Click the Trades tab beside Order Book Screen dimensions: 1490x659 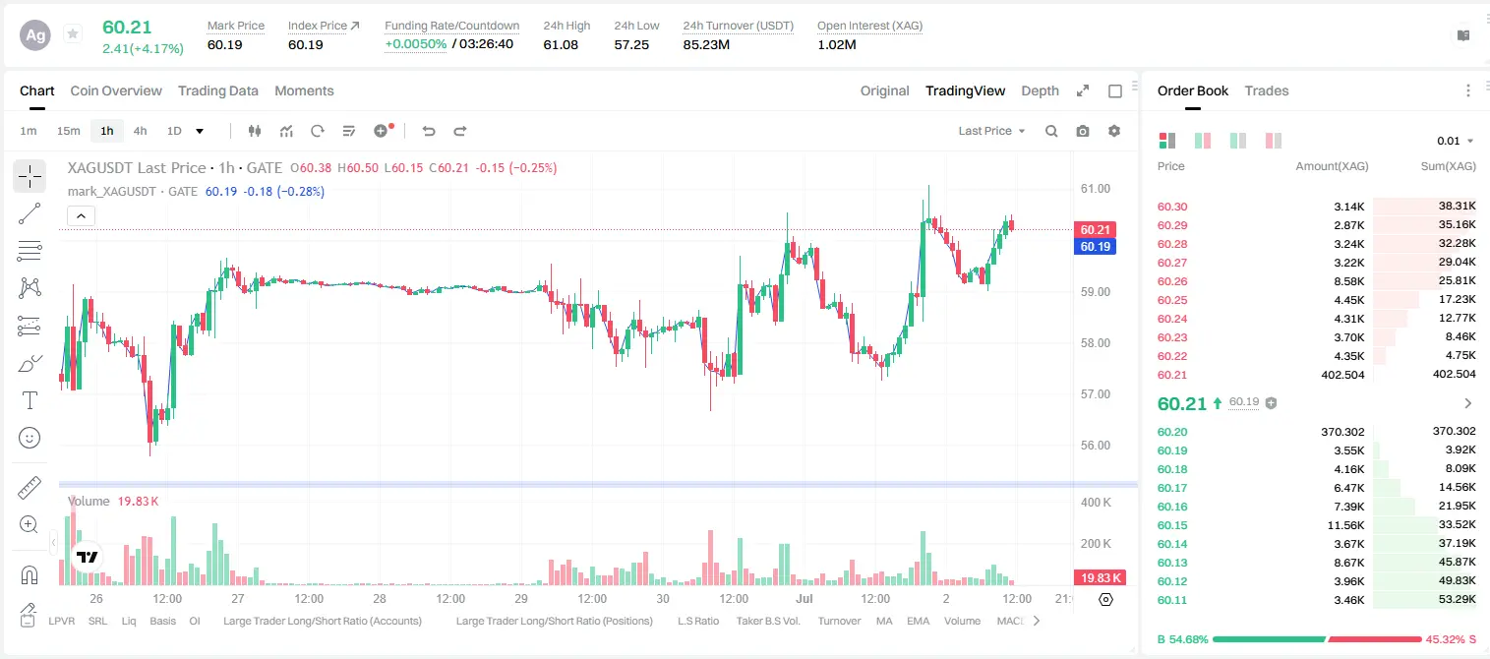pyautogui.click(x=1267, y=90)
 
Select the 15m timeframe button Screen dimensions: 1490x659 pyautogui.click(x=69, y=131)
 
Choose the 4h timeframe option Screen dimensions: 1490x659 pyautogui.click(x=140, y=131)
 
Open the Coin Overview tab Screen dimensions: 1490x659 pyautogui.click(x=116, y=90)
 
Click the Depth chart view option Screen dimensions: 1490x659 pyautogui.click(x=1040, y=90)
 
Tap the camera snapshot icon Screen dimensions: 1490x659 pyautogui.click(x=1083, y=131)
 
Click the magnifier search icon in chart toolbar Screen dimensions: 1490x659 pyautogui.click(x=1051, y=131)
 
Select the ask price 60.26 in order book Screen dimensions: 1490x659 pyautogui.click(x=1172, y=281)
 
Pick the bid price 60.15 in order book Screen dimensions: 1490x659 pyautogui.click(x=1172, y=524)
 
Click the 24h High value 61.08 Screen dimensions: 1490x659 pyautogui.click(x=561, y=44)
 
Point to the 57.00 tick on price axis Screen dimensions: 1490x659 pyautogui.click(x=1096, y=394)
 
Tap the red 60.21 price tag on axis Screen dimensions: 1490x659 pyautogui.click(x=1095, y=229)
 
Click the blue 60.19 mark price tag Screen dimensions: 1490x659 pyautogui.click(x=1095, y=247)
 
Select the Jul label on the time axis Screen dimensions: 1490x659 pyautogui.click(x=805, y=598)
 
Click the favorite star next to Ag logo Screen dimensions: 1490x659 pyautogui.click(x=73, y=33)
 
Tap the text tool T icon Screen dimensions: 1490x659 pyautogui.click(x=30, y=400)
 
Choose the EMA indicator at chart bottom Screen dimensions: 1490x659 pyautogui.click(x=918, y=621)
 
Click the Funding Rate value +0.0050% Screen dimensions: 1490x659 pyautogui.click(x=416, y=44)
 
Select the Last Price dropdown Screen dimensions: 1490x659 pyautogui.click(x=991, y=131)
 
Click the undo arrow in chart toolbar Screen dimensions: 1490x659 pyautogui.click(x=429, y=131)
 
